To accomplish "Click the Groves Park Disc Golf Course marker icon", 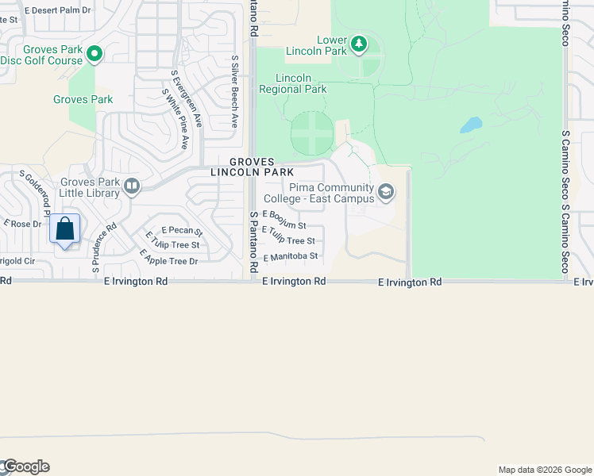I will pyautogui.click(x=94, y=54).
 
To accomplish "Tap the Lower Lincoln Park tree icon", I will pyautogui.click(x=359, y=43).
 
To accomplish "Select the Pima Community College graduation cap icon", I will pyautogui.click(x=386, y=191).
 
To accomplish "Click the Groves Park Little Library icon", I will pyautogui.click(x=132, y=186).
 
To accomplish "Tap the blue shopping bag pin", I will pyautogui.click(x=65, y=229).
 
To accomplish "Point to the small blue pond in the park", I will pyautogui.click(x=470, y=125).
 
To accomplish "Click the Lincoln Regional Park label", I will pyautogui.click(x=293, y=83).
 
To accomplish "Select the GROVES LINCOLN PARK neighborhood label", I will pyautogui.click(x=253, y=167).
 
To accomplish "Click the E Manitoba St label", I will pyautogui.click(x=291, y=256).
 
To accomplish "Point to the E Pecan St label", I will pyautogui.click(x=182, y=231).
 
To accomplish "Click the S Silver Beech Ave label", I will pyautogui.click(x=235, y=91).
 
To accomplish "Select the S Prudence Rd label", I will pyautogui.click(x=105, y=247).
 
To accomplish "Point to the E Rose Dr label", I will pyautogui.click(x=21, y=224).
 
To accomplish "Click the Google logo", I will pyautogui.click(x=25, y=466).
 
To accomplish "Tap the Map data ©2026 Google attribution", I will pyautogui.click(x=544, y=470).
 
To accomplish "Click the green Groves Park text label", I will pyautogui.click(x=83, y=99).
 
